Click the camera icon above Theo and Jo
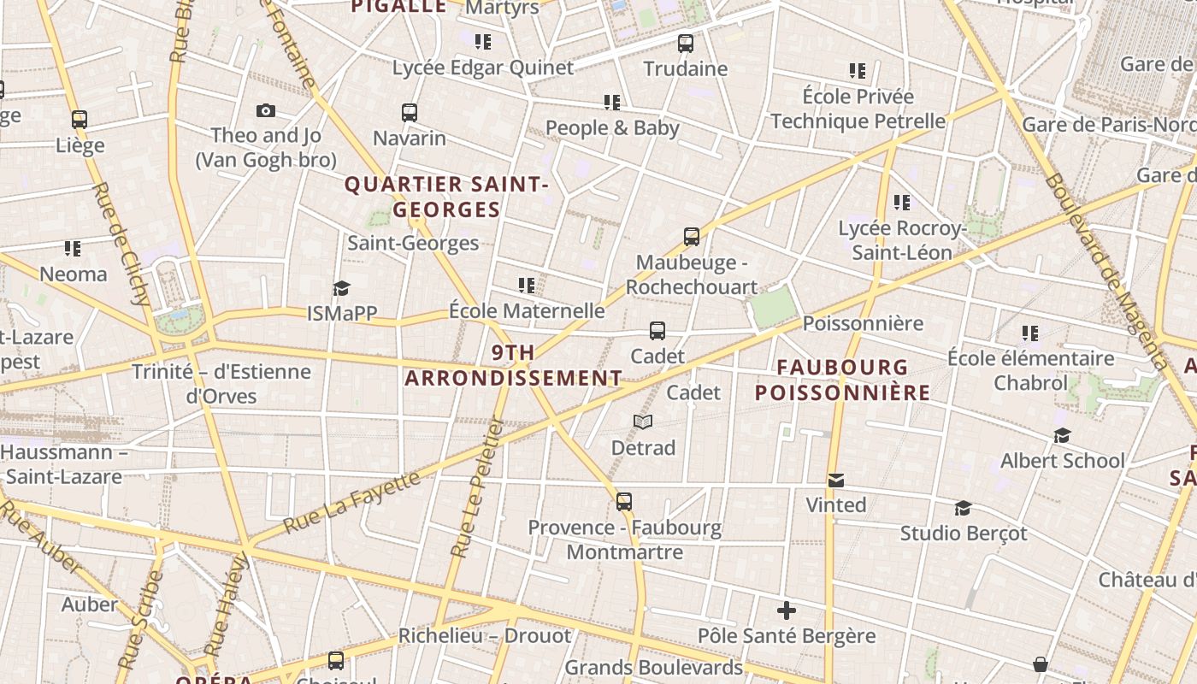click(266, 110)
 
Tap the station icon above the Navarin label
click(410, 112)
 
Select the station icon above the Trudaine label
click(686, 43)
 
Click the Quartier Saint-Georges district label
click(445, 197)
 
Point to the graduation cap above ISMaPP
click(342, 288)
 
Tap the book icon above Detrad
click(643, 422)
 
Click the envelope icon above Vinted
click(836, 481)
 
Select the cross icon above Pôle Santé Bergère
click(787, 610)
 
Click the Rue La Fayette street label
click(351, 501)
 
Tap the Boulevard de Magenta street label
click(1106, 270)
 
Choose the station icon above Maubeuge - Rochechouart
click(692, 237)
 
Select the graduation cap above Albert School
click(1063, 436)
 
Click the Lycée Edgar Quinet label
click(483, 68)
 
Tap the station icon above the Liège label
click(80, 120)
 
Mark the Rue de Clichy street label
click(123, 244)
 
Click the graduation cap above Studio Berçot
click(964, 509)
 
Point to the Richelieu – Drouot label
click(485, 636)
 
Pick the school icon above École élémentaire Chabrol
click(1030, 333)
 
